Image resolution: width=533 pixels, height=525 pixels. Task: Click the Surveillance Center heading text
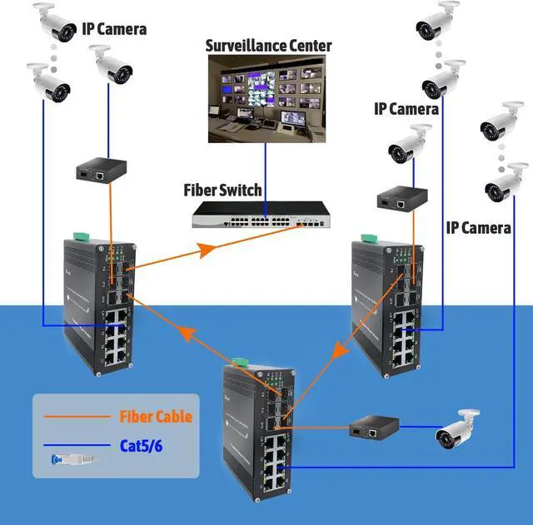click(269, 45)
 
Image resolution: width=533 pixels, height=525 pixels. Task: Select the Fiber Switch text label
click(222, 190)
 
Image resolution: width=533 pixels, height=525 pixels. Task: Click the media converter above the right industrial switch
click(397, 199)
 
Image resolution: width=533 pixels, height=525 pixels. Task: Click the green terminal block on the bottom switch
click(238, 362)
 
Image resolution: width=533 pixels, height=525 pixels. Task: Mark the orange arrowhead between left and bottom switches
click(189, 336)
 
